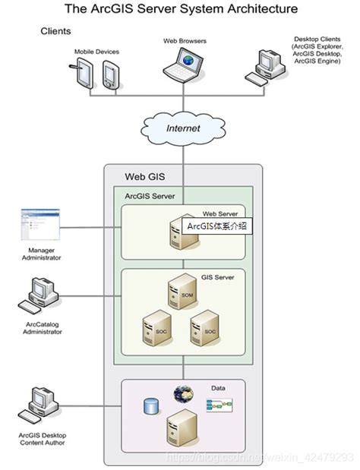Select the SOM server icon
tap(183, 292)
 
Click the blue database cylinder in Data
tap(150, 407)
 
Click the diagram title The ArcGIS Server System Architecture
tap(181, 9)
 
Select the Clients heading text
tap(55, 31)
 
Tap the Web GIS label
tap(142, 176)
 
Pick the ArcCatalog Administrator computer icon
tap(40, 296)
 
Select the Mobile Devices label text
tap(96, 51)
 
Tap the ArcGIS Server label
tap(150, 195)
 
